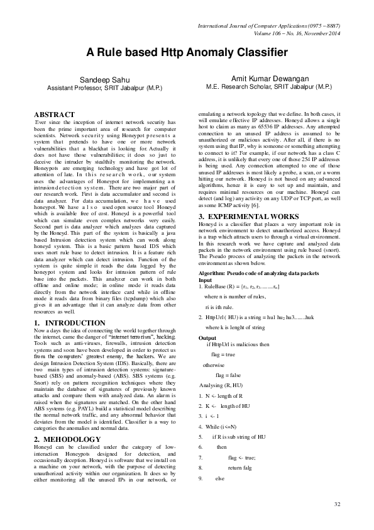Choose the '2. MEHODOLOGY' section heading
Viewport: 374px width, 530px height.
[x=67, y=421]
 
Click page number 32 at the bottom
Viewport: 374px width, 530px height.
[x=337, y=504]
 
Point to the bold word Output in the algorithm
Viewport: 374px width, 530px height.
[x=207, y=338]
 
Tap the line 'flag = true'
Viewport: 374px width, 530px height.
[x=223, y=355]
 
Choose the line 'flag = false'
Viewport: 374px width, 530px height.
[x=228, y=375]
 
